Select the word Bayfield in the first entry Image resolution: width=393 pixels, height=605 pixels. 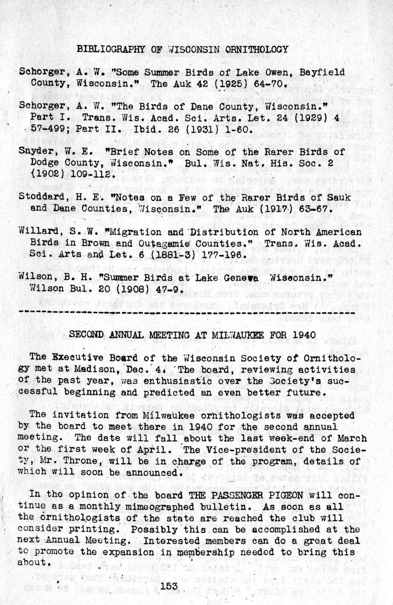tap(322, 72)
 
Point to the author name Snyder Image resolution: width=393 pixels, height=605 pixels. tap(36, 151)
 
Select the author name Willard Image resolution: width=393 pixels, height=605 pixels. tap(39, 232)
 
